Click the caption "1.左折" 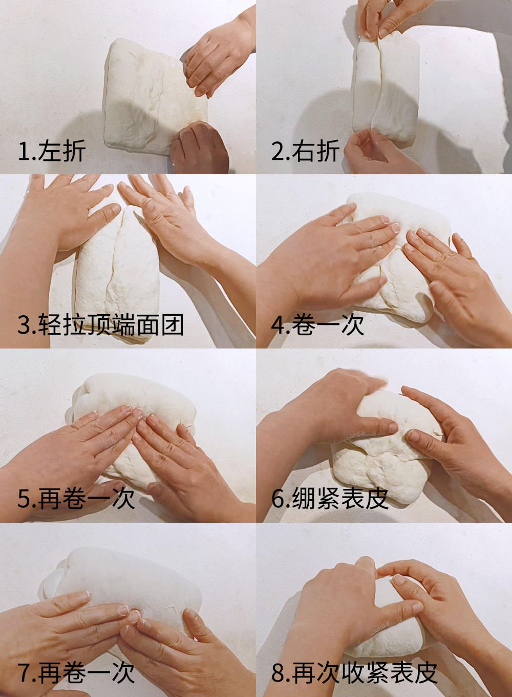(51, 151)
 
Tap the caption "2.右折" (305, 151)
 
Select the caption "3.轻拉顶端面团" (100, 325)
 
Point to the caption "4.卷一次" (317, 325)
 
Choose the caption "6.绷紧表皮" (330, 499)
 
